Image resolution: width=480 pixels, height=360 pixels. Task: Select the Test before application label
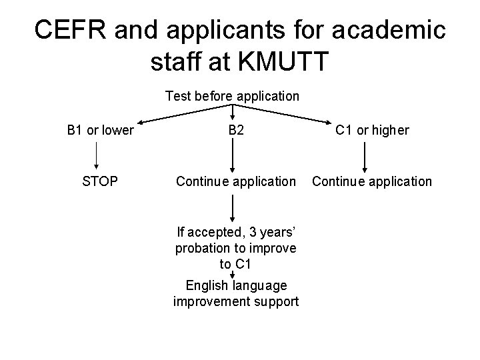(232, 96)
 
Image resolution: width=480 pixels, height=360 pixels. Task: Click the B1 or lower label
(101, 130)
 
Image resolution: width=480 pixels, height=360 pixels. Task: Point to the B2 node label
(235, 130)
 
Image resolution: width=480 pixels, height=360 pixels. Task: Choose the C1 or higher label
(372, 130)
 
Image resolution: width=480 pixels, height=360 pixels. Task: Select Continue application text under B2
(235, 181)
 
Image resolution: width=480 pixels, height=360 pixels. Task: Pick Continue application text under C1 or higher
(372, 181)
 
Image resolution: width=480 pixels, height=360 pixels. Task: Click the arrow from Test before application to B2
(233, 112)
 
